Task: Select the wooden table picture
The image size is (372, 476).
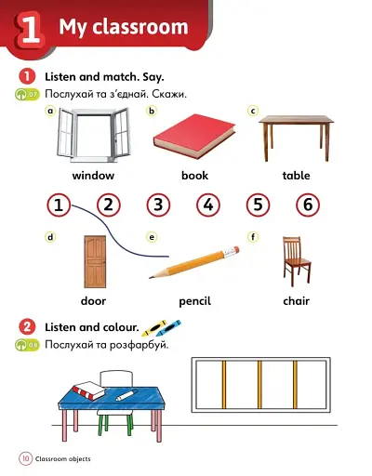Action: (296, 135)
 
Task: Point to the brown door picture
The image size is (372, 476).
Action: (94, 260)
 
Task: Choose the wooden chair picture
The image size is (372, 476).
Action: (295, 258)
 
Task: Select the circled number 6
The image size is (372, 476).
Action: (307, 205)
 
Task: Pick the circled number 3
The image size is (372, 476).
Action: (158, 205)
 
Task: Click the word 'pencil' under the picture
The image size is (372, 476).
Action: (194, 301)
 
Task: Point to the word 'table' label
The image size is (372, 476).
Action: (296, 176)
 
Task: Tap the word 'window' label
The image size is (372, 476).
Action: (93, 176)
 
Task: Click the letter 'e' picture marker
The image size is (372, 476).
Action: (151, 237)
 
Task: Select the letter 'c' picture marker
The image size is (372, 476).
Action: (252, 111)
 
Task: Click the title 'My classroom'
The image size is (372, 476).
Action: (123, 27)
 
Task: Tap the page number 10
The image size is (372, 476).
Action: (25, 458)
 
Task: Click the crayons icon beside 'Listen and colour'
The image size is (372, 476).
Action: (161, 327)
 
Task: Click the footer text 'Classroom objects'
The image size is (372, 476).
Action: (64, 459)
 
